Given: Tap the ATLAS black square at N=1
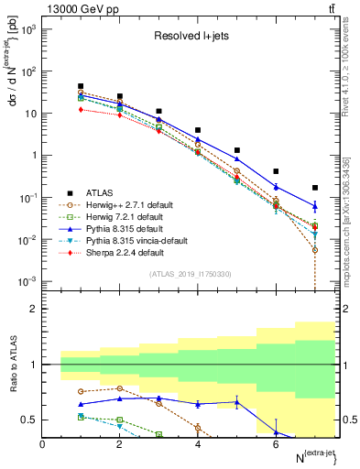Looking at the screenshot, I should coord(82,86).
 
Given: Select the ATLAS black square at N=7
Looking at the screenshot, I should coord(314,188).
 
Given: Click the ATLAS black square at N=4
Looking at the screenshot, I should coord(198,130).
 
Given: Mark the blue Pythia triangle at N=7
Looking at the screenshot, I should coord(314,207).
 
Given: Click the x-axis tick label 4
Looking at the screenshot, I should coord(198,444).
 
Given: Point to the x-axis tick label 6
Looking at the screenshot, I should coord(276,444).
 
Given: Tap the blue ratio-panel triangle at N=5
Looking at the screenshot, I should coord(236,401).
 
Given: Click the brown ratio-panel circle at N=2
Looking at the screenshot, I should coord(120,388).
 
